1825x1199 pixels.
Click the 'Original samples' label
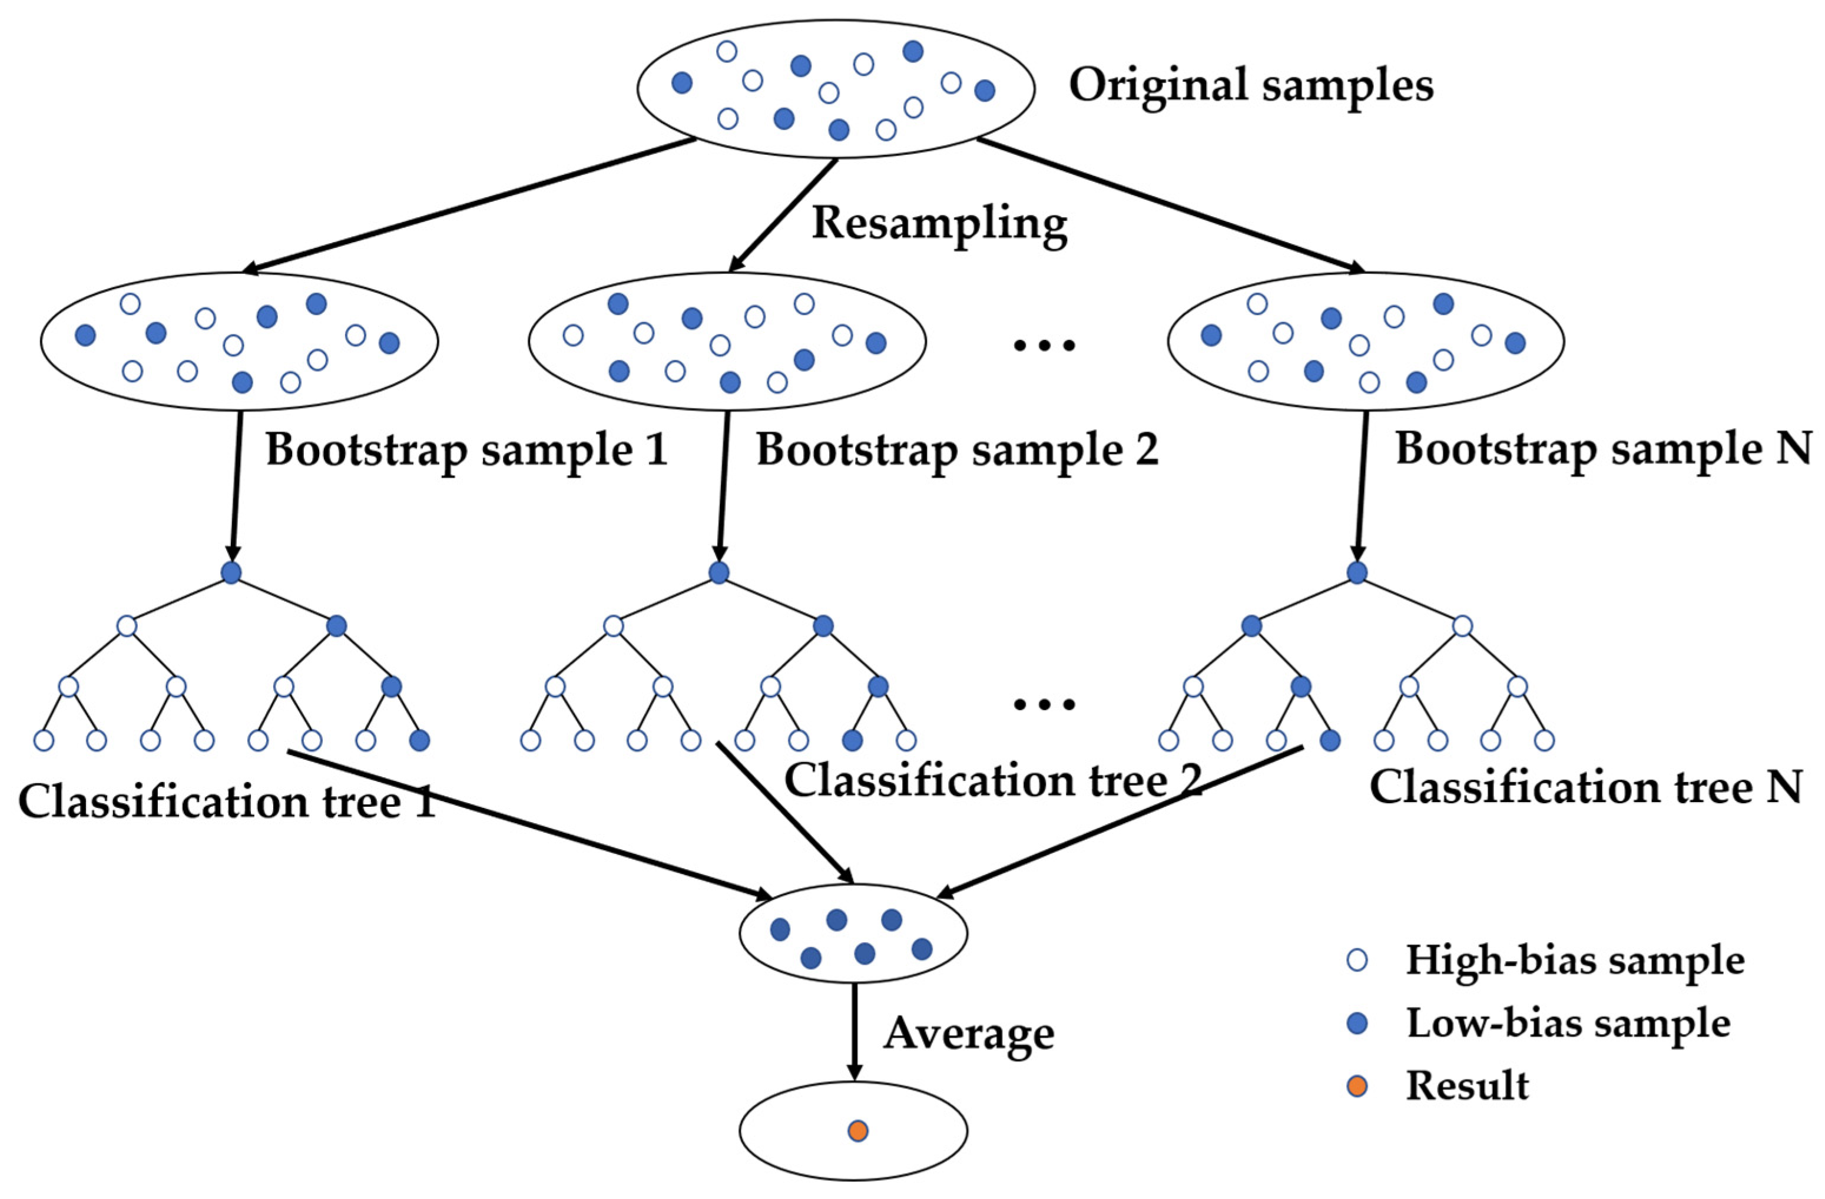[x=1251, y=84]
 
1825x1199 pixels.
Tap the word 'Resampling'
[x=939, y=224]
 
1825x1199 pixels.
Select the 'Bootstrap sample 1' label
[x=467, y=449]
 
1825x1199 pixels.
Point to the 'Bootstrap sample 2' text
[x=958, y=449]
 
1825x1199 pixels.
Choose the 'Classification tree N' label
[x=1586, y=787]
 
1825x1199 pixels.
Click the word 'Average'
[x=969, y=1034]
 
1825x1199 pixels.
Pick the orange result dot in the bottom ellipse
[x=857, y=1131]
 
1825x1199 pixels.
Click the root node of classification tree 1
[x=231, y=572]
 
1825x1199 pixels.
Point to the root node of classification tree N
[x=1356, y=572]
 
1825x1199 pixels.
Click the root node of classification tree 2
[x=718, y=572]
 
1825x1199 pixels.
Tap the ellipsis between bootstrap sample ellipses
[x=1044, y=346]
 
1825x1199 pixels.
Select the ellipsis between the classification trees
[x=1044, y=704]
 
